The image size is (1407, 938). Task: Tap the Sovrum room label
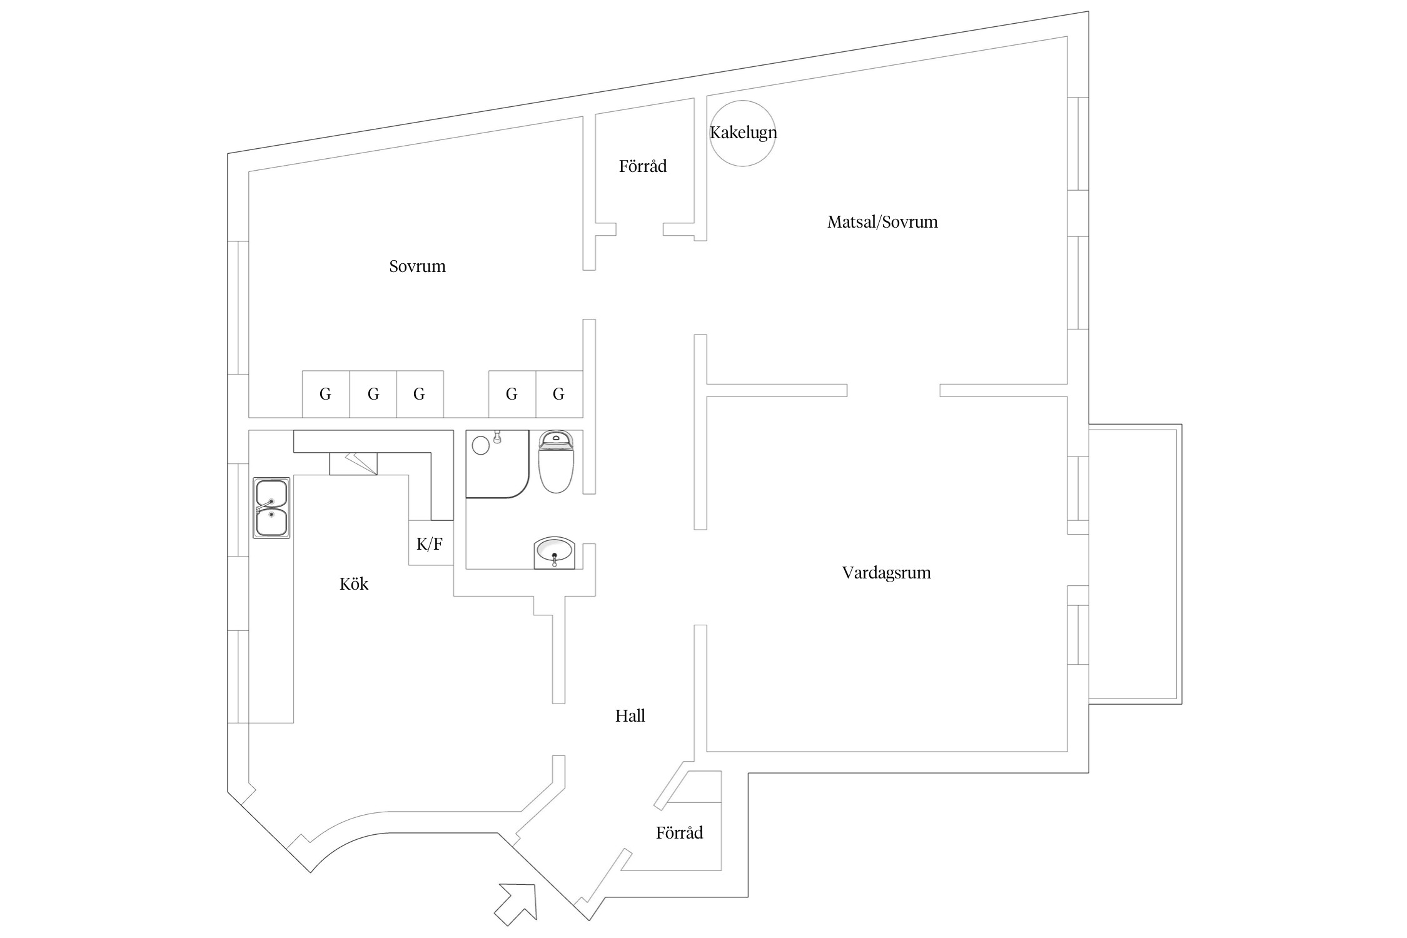click(x=417, y=266)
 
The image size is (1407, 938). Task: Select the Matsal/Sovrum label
click(x=882, y=222)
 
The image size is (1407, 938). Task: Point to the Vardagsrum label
click(x=886, y=573)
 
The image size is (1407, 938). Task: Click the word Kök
click(x=353, y=584)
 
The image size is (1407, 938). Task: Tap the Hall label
click(x=630, y=716)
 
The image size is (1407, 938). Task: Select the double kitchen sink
click(x=271, y=508)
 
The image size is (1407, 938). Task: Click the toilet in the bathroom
click(x=556, y=462)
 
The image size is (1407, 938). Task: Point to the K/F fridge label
click(x=430, y=544)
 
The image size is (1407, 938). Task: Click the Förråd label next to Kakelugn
click(x=643, y=166)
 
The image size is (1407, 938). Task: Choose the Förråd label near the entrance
click(x=679, y=833)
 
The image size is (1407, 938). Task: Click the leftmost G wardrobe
click(x=325, y=394)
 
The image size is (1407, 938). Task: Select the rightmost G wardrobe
click(x=558, y=394)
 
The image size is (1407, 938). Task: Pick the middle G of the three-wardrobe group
click(x=373, y=394)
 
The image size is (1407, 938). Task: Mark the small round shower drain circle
click(x=480, y=445)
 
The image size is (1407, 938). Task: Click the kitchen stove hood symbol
click(x=353, y=463)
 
